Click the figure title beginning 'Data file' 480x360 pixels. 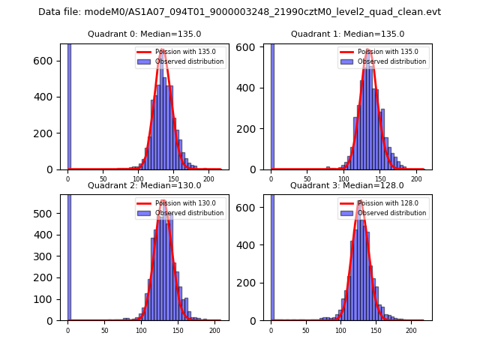239,12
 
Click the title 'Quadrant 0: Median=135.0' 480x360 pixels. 144,34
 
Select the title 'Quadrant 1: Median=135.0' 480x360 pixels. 347,34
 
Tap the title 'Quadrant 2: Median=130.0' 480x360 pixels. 144,185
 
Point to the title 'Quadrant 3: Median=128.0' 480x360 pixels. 347,185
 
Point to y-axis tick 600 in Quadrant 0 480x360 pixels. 48,60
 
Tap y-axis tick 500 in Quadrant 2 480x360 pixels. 48,213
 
